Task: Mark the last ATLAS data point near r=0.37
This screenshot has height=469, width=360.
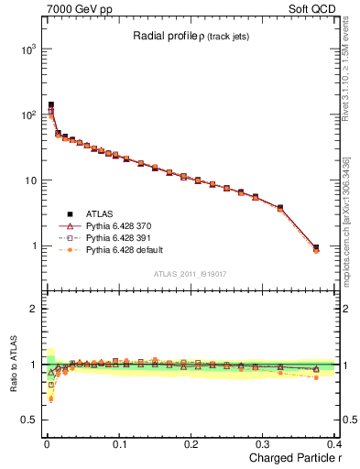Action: (316, 247)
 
